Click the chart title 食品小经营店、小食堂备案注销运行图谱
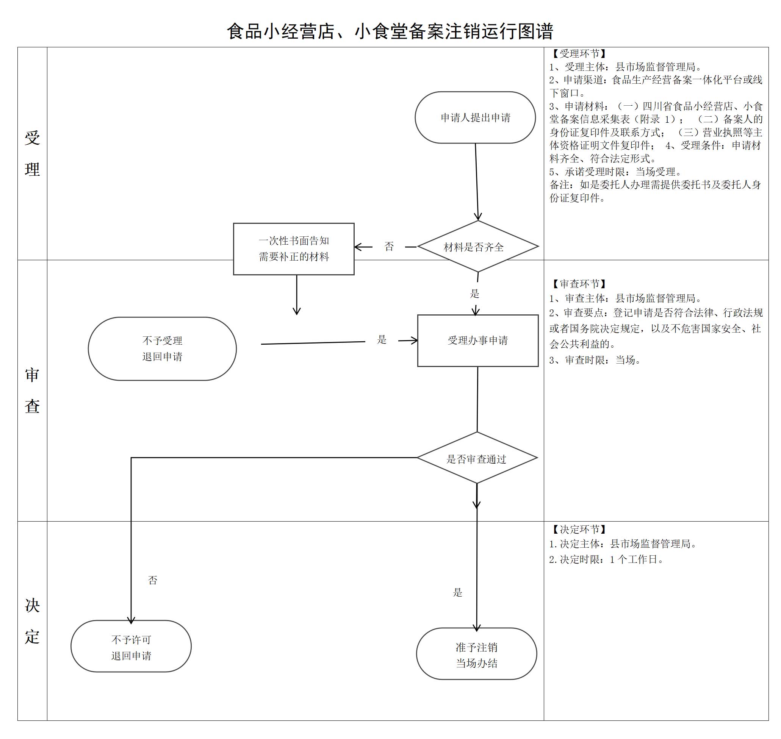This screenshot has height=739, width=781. (390, 31)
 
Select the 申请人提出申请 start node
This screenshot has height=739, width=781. (475, 117)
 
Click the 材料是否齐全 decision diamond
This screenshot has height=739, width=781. (477, 247)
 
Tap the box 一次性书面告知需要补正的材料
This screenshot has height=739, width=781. (294, 248)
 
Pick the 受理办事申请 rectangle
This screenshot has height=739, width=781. (477, 341)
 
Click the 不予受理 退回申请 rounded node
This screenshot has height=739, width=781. (162, 348)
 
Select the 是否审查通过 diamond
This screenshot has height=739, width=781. (477, 459)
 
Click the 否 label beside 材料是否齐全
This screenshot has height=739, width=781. (389, 247)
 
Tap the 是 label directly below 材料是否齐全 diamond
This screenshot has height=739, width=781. (474, 294)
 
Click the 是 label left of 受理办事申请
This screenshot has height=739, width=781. (382, 339)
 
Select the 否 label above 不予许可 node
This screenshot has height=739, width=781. (152, 580)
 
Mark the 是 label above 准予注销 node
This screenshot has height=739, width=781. (457, 592)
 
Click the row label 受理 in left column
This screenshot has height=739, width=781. (32, 154)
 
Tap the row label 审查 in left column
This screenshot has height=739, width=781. (32, 391)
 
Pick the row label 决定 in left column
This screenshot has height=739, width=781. (32, 621)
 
